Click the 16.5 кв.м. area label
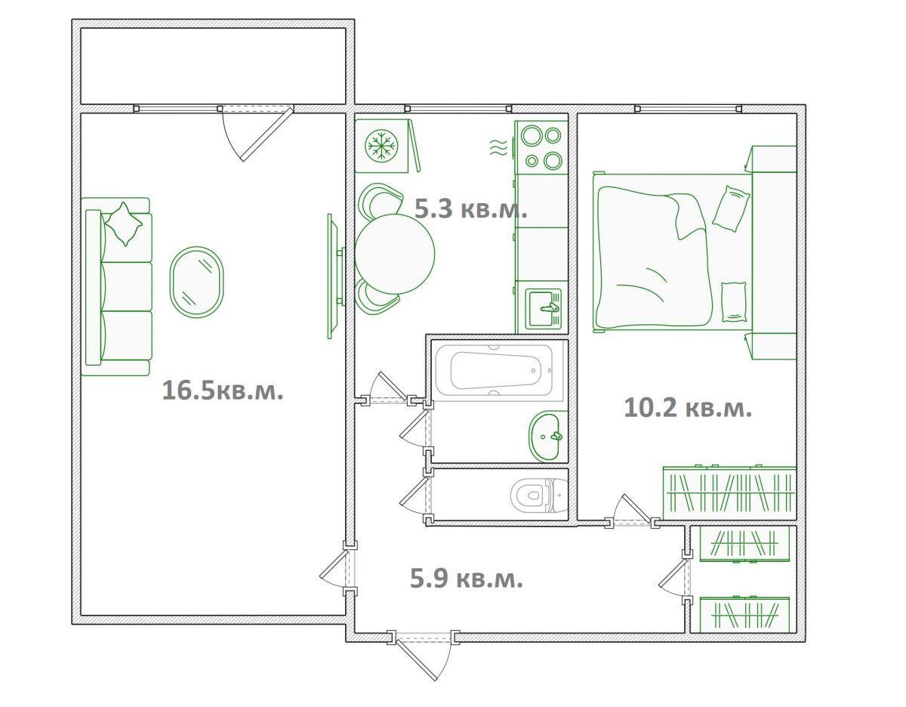pos(223,391)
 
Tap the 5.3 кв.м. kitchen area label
pos(470,208)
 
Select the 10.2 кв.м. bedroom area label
pos(688,408)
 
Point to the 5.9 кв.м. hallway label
pos(467,579)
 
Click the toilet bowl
pos(538,496)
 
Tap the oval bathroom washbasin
pos(548,437)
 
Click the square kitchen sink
pos(544,307)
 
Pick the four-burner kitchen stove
pos(541,147)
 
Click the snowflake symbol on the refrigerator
pos(381,146)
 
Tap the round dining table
pos(394,253)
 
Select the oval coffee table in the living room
pos(196,282)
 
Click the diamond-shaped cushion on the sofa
pos(124,224)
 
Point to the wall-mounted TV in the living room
pos(334,276)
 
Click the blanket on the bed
pos(653,257)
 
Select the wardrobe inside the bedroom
pos(729,493)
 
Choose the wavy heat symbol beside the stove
pos(498,147)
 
